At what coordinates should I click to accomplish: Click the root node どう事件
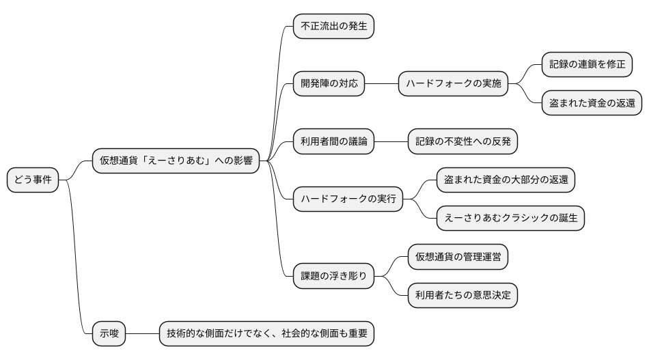point(33,180)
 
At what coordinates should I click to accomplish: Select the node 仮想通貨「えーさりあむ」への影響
point(176,161)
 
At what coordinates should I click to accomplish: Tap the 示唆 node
point(109,334)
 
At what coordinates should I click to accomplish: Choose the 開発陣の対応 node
point(329,84)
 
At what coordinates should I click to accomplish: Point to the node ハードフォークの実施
point(453,84)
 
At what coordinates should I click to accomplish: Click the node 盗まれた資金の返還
point(592,103)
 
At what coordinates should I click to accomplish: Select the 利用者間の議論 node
point(333,141)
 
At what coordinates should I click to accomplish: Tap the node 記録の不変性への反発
point(462,141)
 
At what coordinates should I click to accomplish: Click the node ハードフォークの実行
point(348,199)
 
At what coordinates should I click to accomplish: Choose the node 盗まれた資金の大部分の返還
point(506,180)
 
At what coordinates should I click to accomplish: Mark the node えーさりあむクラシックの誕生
point(510,219)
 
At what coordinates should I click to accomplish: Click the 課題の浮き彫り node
point(333,276)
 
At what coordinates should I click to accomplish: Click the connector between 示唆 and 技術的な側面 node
point(143,334)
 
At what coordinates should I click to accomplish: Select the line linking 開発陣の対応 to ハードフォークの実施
point(381,84)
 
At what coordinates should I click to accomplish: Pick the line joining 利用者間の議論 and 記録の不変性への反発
point(391,141)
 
